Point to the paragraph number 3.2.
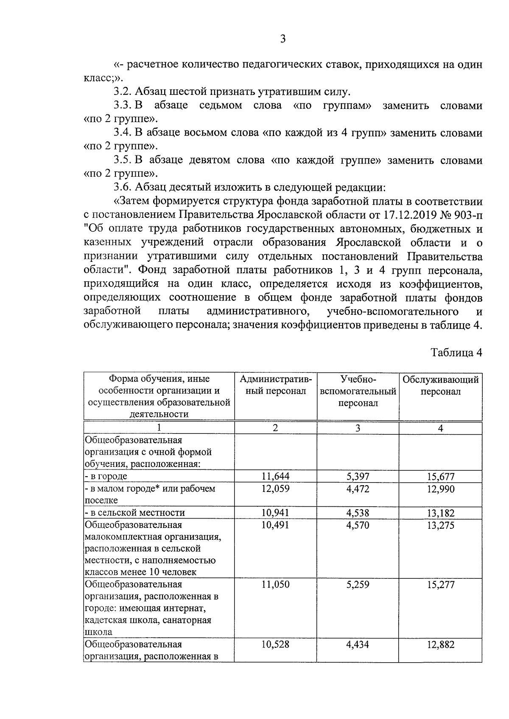pos(123,92)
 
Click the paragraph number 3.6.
pos(123,188)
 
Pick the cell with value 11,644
pos(275,477)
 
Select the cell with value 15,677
pos(440,477)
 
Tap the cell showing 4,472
pos(358,489)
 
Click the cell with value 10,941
pos(275,513)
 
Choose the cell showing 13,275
pos(440,525)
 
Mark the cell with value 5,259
pos(358,585)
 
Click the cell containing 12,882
pos(440,644)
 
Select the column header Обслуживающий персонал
pos(440,386)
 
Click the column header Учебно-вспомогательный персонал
pos(358,391)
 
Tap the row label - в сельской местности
pos(135,513)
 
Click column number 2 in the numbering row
pos(275,428)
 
